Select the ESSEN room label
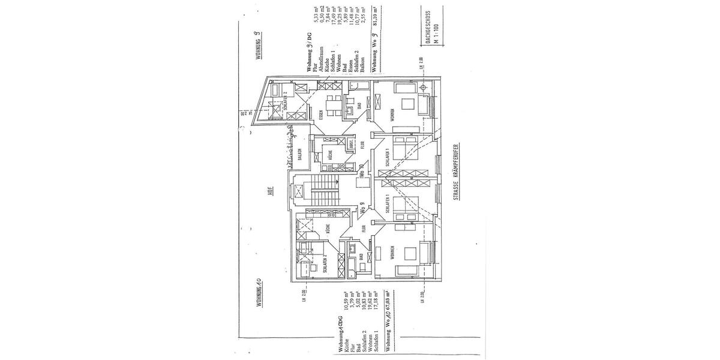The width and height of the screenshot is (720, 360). point(322,115)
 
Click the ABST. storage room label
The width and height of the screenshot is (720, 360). point(352,145)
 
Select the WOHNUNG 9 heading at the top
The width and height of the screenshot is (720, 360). point(257,46)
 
